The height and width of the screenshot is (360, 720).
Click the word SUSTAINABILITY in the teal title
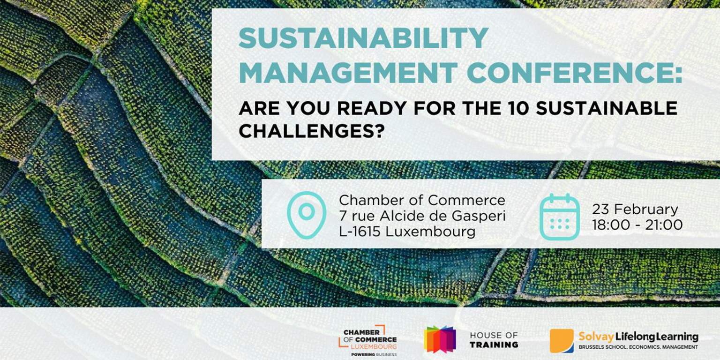point(364,38)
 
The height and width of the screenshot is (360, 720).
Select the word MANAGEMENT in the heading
point(348,73)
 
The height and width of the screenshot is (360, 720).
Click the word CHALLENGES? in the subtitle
point(311,131)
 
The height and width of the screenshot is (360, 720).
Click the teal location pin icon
point(307,215)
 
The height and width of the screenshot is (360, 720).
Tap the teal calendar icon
point(560,217)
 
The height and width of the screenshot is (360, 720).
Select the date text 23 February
point(635,209)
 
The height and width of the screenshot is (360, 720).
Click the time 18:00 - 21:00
point(637,225)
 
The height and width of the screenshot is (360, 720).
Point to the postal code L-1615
point(360,232)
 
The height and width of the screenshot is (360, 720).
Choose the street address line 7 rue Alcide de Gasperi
point(422,216)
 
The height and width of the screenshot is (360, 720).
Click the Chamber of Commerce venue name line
point(422,200)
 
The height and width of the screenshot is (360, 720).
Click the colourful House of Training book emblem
point(440,339)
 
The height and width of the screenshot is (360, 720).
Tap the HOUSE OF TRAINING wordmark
point(494,340)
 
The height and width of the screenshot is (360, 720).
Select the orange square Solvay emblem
point(562,341)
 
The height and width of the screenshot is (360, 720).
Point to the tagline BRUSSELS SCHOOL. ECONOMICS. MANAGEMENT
point(638,347)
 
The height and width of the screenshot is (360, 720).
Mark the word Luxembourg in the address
point(430,232)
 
